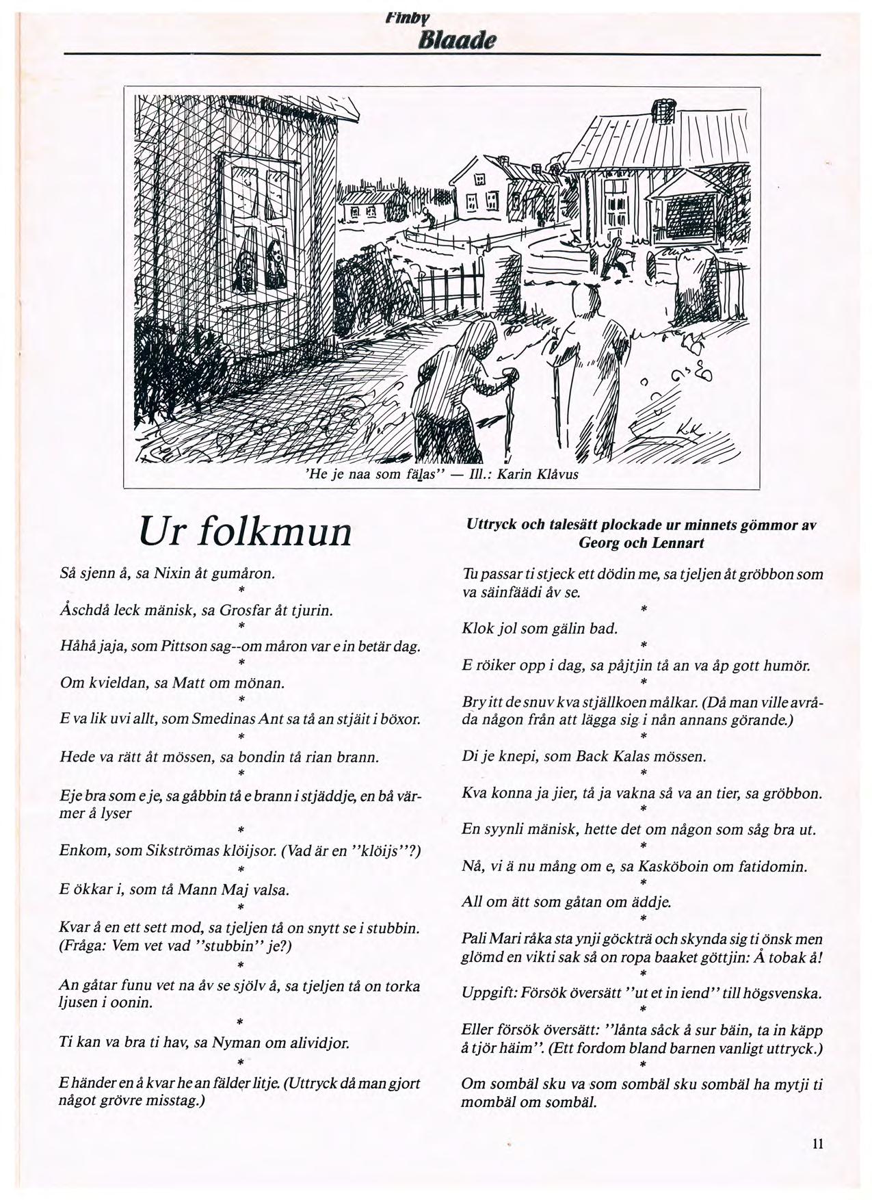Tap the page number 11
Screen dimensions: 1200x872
(818, 1144)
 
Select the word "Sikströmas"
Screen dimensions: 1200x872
(181, 851)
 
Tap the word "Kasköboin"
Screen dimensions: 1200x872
(674, 866)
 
